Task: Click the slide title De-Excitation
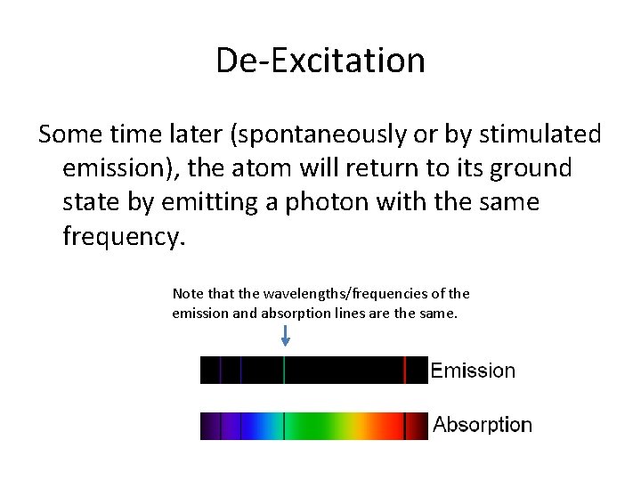pyautogui.click(x=320, y=61)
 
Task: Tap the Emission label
pyautogui.click(x=473, y=371)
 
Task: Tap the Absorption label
pyautogui.click(x=483, y=425)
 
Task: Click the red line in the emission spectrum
pyautogui.click(x=405, y=370)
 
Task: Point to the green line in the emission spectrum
pyautogui.click(x=284, y=370)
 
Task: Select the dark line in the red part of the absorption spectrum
pyautogui.click(x=405, y=426)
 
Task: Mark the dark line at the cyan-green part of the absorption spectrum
pyautogui.click(x=284, y=426)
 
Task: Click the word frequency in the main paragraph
pyautogui.click(x=120, y=236)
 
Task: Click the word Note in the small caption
pyautogui.click(x=188, y=293)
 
